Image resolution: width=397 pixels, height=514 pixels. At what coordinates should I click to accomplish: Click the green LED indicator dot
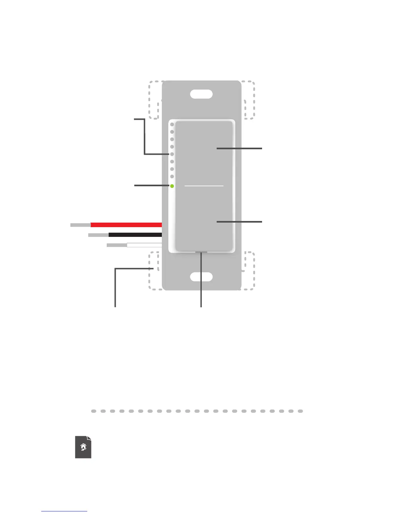(x=172, y=186)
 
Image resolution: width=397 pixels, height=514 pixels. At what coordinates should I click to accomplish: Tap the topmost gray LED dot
(x=172, y=125)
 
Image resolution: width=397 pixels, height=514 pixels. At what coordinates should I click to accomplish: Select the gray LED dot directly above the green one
(x=172, y=177)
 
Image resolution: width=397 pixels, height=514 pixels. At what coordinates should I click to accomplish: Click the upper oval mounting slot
(x=201, y=94)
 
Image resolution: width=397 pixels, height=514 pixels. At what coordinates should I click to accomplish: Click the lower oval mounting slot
(x=201, y=277)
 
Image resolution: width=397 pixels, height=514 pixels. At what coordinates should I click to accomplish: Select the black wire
(x=135, y=235)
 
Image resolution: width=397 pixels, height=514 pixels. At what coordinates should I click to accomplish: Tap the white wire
(x=144, y=245)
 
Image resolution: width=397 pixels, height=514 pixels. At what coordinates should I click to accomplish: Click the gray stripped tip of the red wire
(x=80, y=225)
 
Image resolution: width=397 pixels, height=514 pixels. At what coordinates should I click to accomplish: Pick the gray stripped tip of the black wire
(x=98, y=235)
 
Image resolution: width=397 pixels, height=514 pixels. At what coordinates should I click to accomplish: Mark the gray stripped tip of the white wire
(x=117, y=245)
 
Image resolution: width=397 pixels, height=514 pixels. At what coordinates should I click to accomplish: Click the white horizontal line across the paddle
(x=204, y=186)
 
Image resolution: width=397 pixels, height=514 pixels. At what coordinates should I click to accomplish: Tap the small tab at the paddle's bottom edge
(x=201, y=251)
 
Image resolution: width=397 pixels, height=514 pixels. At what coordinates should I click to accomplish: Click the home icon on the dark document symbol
(x=83, y=447)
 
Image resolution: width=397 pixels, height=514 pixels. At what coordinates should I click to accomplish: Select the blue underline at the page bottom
(x=64, y=511)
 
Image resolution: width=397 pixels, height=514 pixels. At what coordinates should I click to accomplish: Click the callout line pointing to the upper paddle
(x=239, y=148)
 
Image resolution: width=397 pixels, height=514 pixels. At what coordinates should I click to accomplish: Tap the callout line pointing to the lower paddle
(x=239, y=222)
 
